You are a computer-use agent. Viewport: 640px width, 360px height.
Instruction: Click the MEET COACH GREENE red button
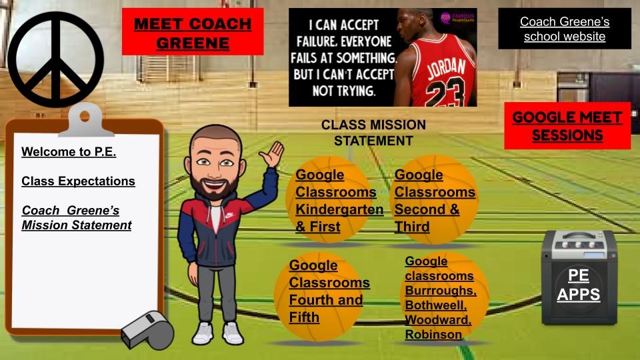pyautogui.click(x=193, y=33)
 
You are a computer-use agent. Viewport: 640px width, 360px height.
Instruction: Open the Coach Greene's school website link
pyautogui.click(x=564, y=29)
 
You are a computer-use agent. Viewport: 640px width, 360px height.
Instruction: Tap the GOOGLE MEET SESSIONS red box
pyautogui.click(x=567, y=126)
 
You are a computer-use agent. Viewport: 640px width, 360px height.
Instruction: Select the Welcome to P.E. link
pyautogui.click(x=69, y=152)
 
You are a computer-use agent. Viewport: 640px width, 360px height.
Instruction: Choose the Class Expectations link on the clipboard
pyautogui.click(x=78, y=181)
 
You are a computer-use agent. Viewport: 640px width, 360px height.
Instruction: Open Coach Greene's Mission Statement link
pyautogui.click(x=76, y=218)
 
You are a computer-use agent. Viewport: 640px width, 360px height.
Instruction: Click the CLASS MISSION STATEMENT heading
pyautogui.click(x=373, y=133)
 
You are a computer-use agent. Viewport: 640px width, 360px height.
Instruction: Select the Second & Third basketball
pyautogui.click(x=434, y=200)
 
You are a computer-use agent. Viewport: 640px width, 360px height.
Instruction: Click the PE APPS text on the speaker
pyautogui.click(x=578, y=285)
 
